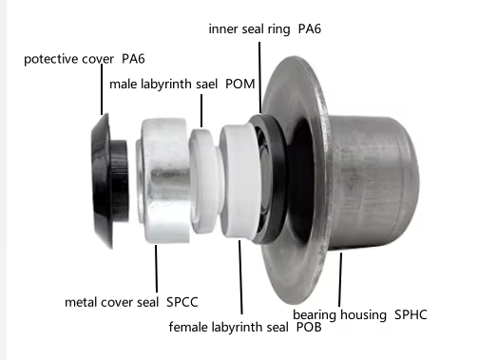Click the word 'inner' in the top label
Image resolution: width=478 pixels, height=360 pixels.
[x=225, y=29]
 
